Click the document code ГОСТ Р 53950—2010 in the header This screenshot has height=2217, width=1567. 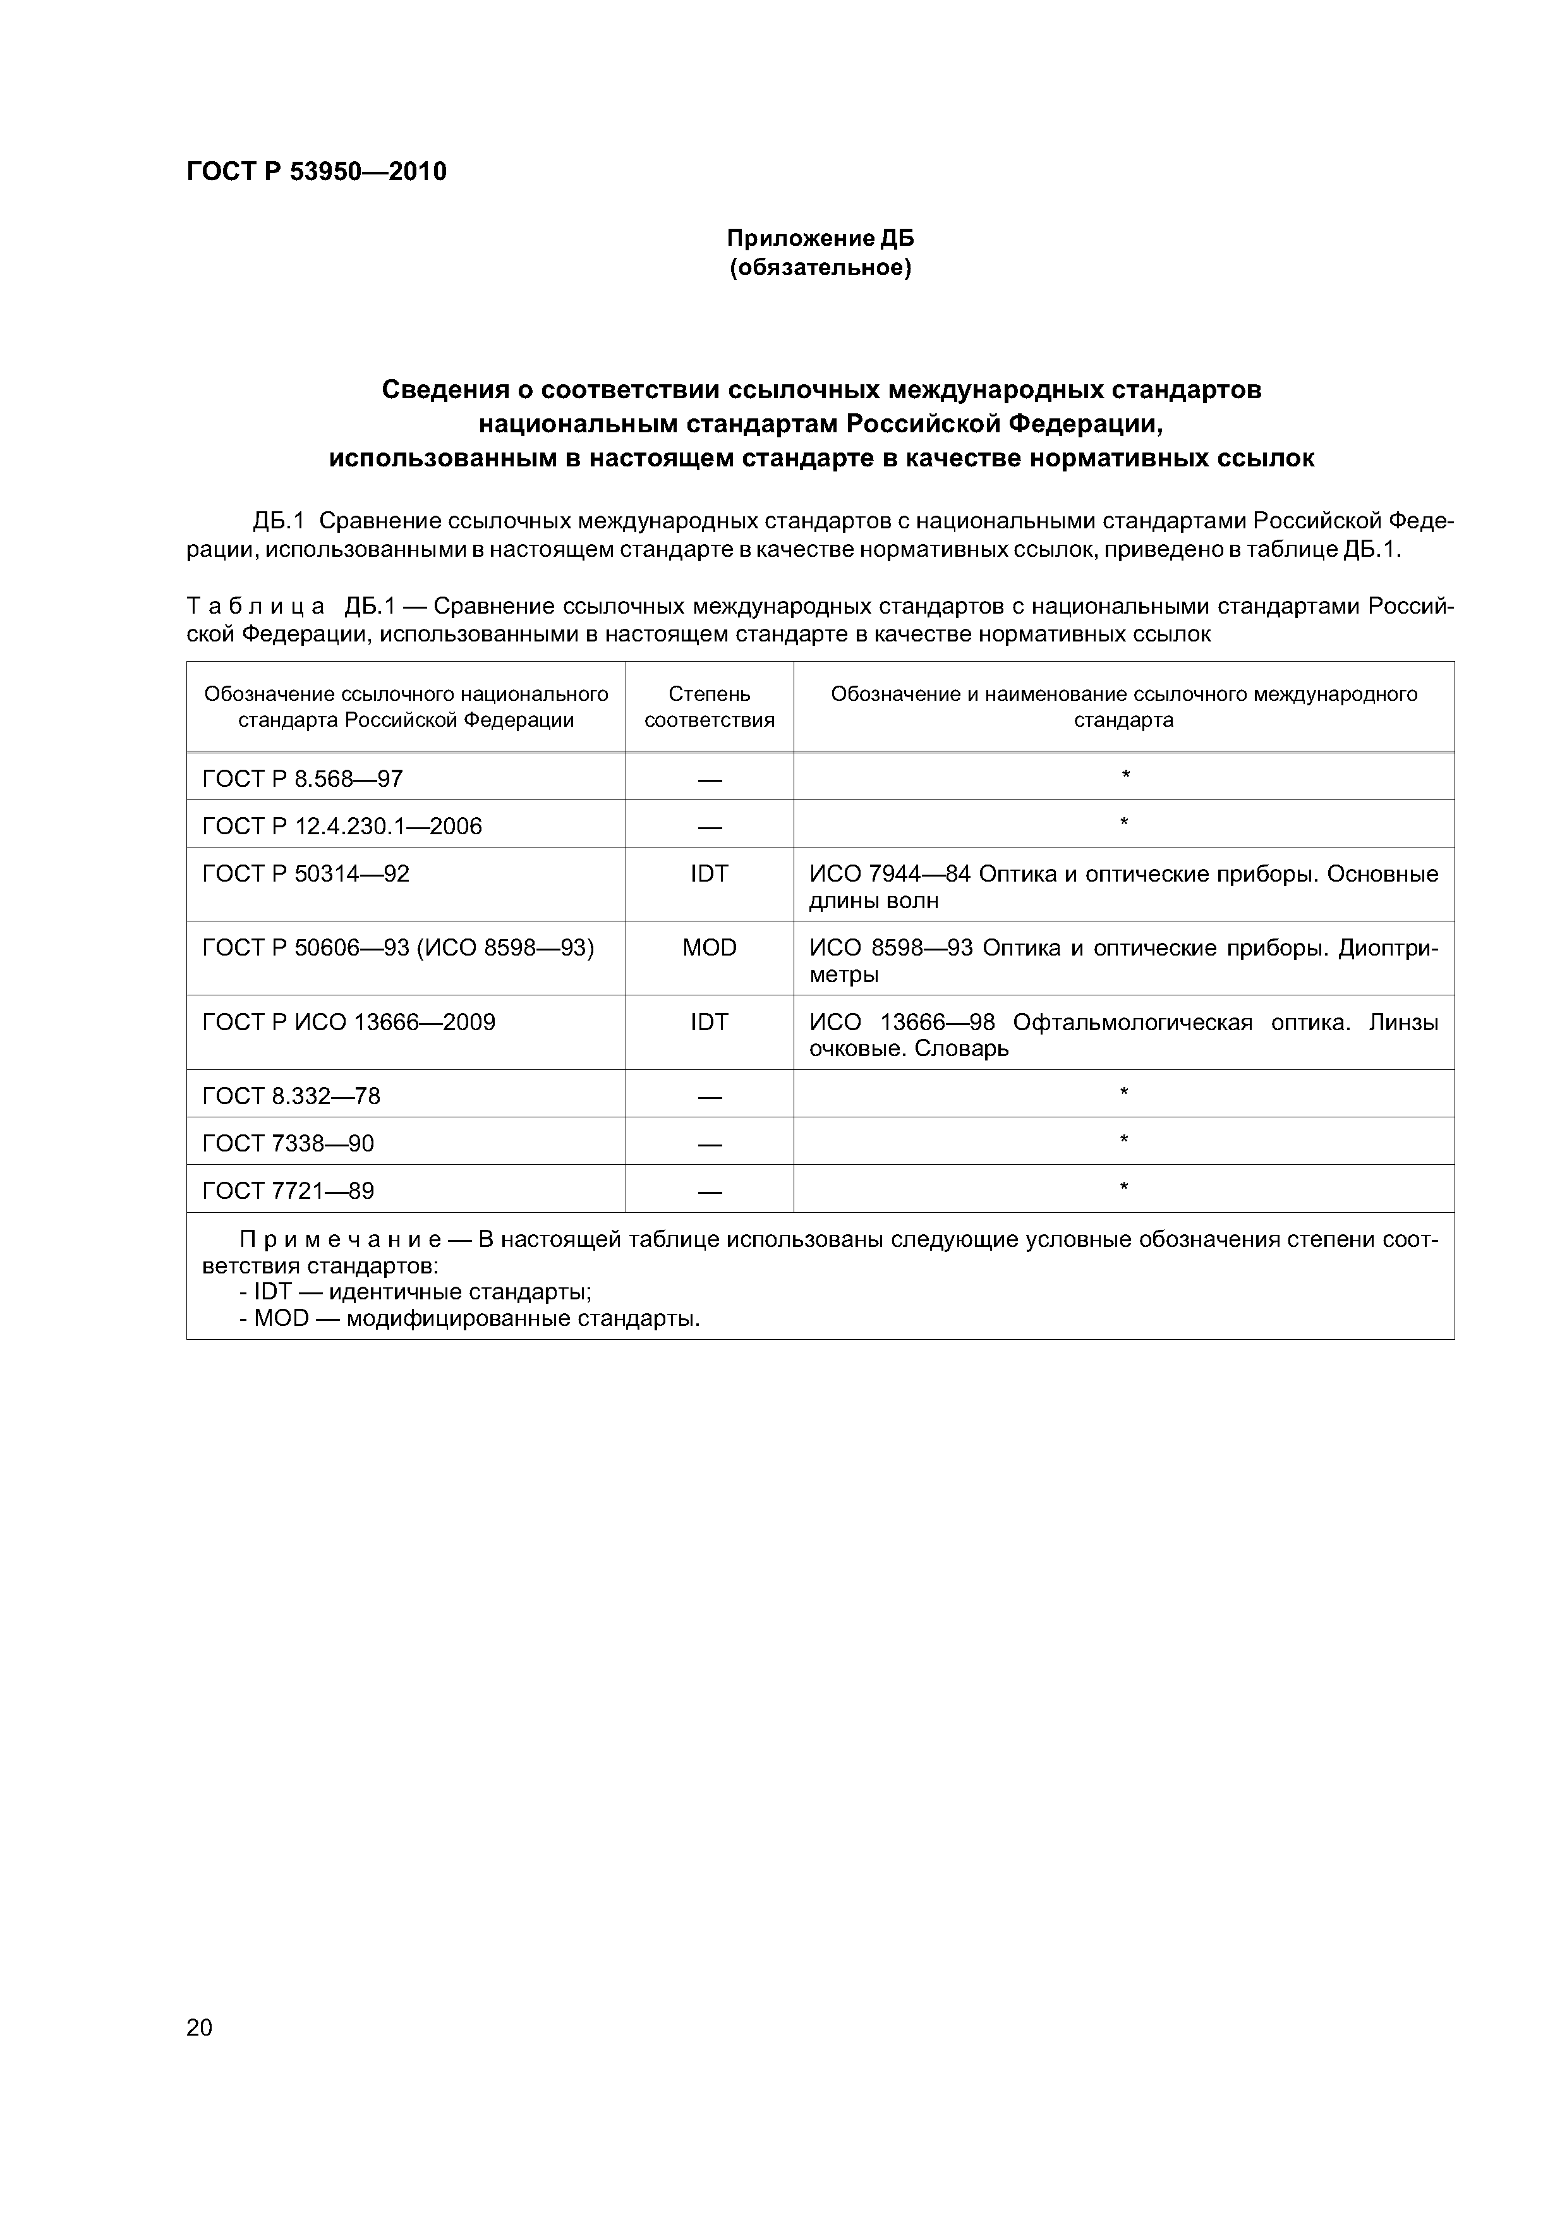(x=316, y=172)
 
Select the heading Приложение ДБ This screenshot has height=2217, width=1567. (x=820, y=238)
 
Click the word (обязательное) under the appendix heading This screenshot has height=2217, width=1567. (x=820, y=267)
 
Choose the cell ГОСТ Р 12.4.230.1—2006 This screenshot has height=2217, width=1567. (x=342, y=825)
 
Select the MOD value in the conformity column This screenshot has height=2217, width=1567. (x=709, y=948)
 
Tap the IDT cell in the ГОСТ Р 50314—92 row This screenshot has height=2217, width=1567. (x=709, y=874)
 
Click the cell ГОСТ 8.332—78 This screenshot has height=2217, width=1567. (x=291, y=1096)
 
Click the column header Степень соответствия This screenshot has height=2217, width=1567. (x=709, y=707)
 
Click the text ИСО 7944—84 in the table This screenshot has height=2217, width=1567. (x=889, y=874)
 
